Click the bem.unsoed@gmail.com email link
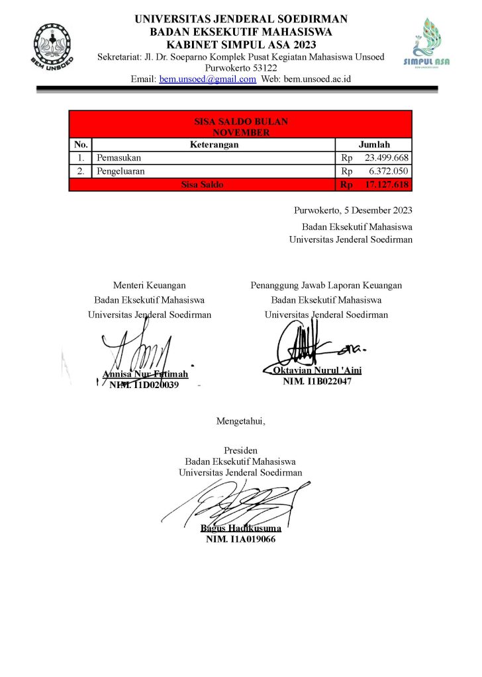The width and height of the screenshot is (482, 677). [x=207, y=79]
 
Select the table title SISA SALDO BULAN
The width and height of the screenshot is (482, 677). [x=240, y=122]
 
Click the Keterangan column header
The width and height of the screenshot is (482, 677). [x=214, y=145]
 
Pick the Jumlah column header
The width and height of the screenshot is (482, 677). [x=374, y=145]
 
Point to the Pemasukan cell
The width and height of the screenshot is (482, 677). [x=119, y=158]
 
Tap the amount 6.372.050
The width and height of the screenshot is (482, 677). [x=389, y=171]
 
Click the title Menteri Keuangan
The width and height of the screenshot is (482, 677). [x=149, y=286]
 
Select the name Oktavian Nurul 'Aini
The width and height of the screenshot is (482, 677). [x=317, y=370]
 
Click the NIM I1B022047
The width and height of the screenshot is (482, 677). [x=317, y=381]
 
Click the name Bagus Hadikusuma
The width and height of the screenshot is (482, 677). [x=241, y=528]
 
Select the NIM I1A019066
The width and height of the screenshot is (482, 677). [x=241, y=539]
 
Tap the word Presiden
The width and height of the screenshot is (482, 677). [x=240, y=450]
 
